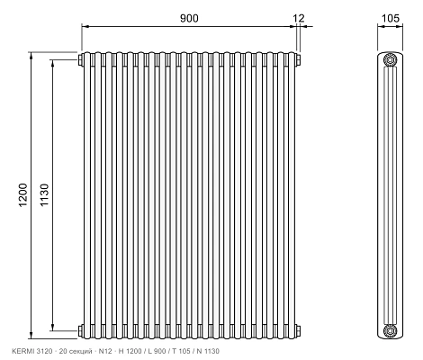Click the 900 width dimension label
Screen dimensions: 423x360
[x=189, y=18]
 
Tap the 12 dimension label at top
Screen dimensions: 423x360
[x=299, y=18]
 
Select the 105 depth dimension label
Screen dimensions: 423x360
[x=391, y=18]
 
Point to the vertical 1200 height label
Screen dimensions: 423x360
[x=23, y=194]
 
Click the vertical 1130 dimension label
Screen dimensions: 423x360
[x=44, y=194]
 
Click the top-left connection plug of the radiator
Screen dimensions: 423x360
[x=81, y=59]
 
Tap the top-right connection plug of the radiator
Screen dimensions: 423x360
[x=298, y=59]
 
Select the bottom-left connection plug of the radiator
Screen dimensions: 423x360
[x=81, y=330]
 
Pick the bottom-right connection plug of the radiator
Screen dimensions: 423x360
[x=298, y=330]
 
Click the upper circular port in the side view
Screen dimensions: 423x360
[x=390, y=59]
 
